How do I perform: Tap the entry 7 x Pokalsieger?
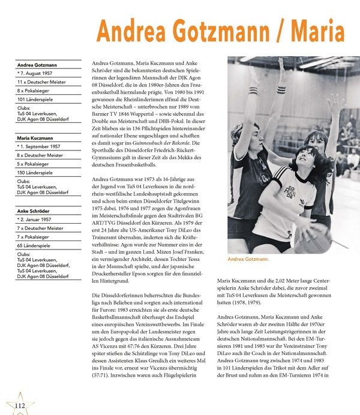40,237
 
